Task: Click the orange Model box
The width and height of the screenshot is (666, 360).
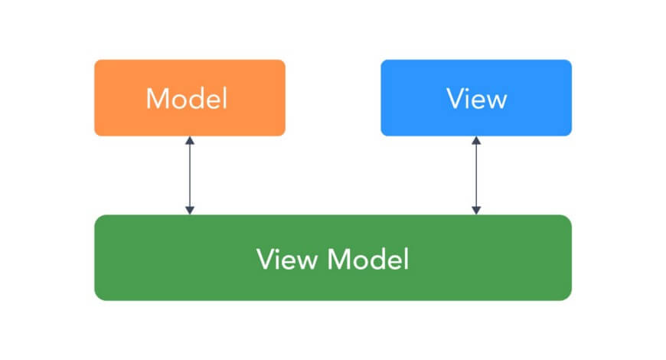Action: point(190,98)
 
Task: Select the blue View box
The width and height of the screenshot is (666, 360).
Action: point(476,98)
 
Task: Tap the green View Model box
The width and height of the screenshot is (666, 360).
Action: point(333,257)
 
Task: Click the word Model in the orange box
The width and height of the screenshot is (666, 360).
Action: point(187,99)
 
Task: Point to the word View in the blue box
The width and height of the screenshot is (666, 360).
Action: point(477,99)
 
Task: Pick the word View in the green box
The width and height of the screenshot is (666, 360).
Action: point(287,259)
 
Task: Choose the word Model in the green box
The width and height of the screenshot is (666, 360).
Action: point(368,259)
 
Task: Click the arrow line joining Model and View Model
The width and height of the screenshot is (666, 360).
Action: point(190,175)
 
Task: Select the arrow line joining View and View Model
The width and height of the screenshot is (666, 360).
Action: point(476,175)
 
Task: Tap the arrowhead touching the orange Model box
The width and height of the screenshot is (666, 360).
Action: point(190,141)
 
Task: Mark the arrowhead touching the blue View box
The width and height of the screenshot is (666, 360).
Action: point(476,141)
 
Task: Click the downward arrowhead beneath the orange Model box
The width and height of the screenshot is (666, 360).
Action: point(190,211)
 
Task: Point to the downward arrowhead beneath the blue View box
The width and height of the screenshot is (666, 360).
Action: point(476,211)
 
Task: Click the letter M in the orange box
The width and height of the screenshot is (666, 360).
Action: point(156,99)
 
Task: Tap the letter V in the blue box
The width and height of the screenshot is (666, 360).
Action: point(455,99)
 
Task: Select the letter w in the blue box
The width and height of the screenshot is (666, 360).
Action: point(496,102)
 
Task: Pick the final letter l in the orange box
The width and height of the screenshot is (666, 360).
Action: point(225,99)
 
